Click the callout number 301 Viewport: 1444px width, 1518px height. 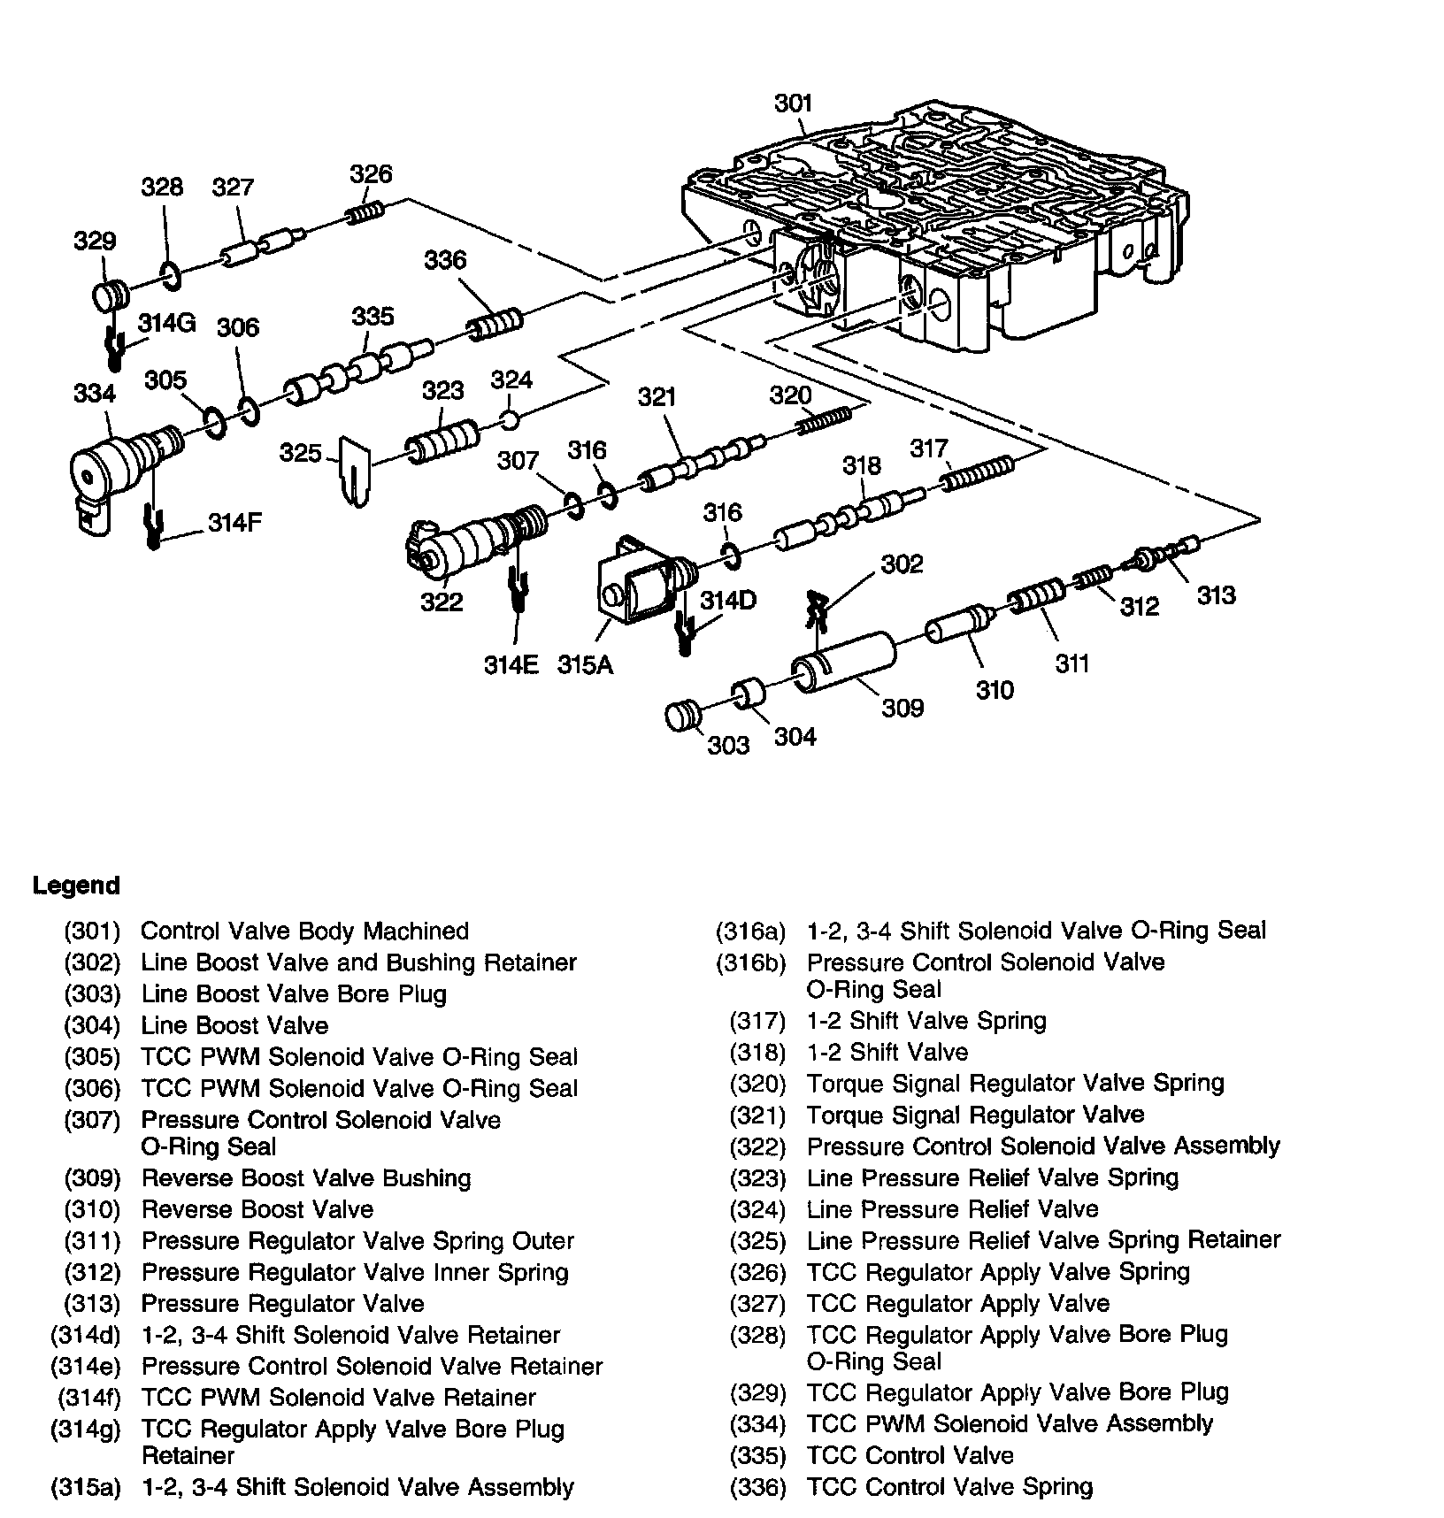coord(793,103)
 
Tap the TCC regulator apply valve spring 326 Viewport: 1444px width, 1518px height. coord(365,213)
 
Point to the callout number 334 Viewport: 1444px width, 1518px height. coord(95,393)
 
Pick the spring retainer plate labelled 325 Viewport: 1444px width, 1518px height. coord(355,471)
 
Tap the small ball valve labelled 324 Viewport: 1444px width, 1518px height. coord(510,418)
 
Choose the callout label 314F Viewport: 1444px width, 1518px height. coord(235,523)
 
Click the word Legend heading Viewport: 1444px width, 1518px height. coord(76,885)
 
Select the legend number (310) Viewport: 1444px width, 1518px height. coord(92,1209)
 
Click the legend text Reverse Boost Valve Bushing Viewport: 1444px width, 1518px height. coord(306,1178)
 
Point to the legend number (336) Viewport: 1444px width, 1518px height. coord(757,1487)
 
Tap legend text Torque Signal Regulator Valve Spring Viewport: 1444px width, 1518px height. coord(1015,1084)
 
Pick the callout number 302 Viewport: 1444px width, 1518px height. coord(902,563)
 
